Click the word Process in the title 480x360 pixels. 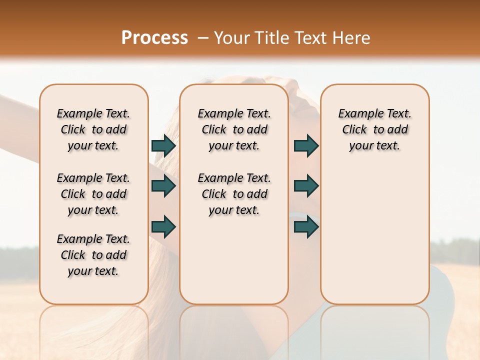[x=154, y=37]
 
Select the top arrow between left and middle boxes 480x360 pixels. [x=163, y=146]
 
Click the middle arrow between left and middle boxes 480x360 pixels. [x=163, y=186]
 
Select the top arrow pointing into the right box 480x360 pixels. [x=306, y=146]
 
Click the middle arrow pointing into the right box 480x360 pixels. [x=306, y=186]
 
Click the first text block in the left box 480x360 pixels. [x=93, y=129]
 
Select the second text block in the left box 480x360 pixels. [x=93, y=194]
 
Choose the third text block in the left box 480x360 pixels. [x=93, y=255]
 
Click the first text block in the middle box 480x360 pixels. [x=234, y=129]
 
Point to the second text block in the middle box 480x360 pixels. [x=234, y=194]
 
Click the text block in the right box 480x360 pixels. [x=374, y=129]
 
